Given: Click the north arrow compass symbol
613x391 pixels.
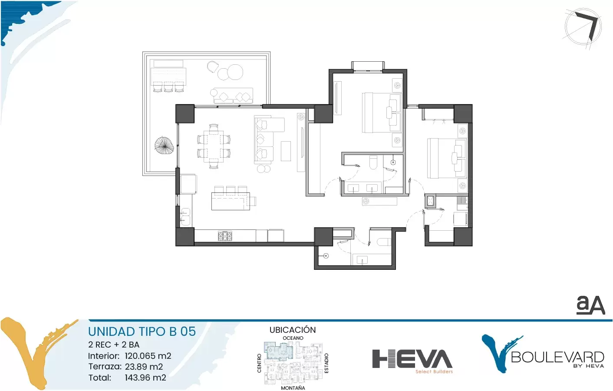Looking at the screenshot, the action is [x=583, y=27].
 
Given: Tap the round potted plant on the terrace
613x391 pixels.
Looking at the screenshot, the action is [x=164, y=145].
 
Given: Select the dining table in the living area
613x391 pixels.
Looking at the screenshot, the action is [x=214, y=146].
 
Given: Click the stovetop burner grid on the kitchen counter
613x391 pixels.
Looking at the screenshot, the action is [x=225, y=236].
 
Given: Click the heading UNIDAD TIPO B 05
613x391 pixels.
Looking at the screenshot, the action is [x=142, y=331].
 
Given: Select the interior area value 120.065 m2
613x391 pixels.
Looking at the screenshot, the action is [x=148, y=356].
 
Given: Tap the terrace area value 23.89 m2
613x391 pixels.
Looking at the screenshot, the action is [x=144, y=367].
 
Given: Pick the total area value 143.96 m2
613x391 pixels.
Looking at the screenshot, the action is [x=145, y=378].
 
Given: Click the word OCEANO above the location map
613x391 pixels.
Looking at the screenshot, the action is [x=293, y=338].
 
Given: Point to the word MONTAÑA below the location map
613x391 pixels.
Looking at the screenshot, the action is [x=293, y=388].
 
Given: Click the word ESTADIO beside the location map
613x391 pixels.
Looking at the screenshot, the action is [x=326, y=363].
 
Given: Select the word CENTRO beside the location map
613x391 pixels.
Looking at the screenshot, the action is [x=259, y=363].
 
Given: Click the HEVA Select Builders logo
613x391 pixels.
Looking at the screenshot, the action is [x=412, y=361].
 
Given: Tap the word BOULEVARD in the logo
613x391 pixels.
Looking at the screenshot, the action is [x=557, y=357].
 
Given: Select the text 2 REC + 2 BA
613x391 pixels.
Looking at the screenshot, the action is [x=114, y=345].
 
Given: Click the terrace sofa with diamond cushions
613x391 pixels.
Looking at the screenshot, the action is [x=231, y=96].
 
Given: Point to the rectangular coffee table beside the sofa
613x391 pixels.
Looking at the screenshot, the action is [x=286, y=151].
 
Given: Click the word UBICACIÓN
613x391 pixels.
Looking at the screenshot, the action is [x=293, y=330].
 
